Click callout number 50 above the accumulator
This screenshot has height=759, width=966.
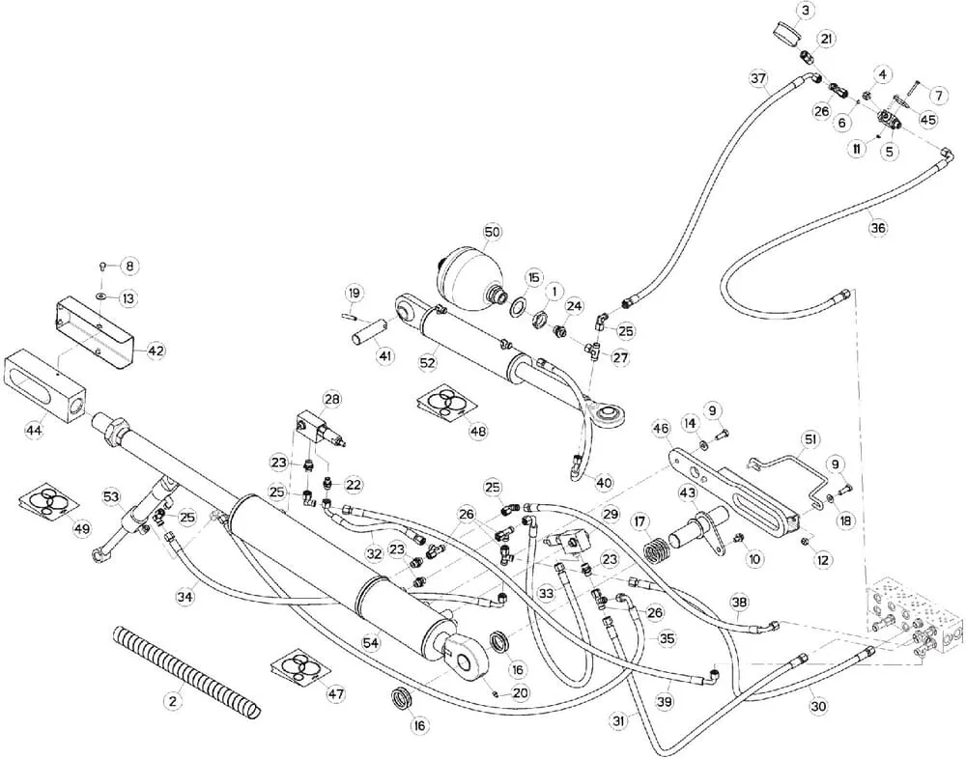(492, 232)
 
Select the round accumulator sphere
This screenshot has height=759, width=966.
(469, 276)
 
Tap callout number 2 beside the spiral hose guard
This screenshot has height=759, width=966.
(173, 700)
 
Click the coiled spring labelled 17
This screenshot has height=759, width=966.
(660, 548)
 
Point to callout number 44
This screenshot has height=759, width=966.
(33, 430)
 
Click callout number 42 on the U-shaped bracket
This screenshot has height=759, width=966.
(156, 351)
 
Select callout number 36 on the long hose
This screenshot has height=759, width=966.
(877, 227)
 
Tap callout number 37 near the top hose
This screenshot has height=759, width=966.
(758, 79)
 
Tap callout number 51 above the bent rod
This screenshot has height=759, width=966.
(810, 439)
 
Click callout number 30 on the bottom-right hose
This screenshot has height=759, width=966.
(817, 707)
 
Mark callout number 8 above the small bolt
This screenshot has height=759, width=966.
(129, 266)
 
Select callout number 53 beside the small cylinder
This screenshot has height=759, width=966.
(111, 495)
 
